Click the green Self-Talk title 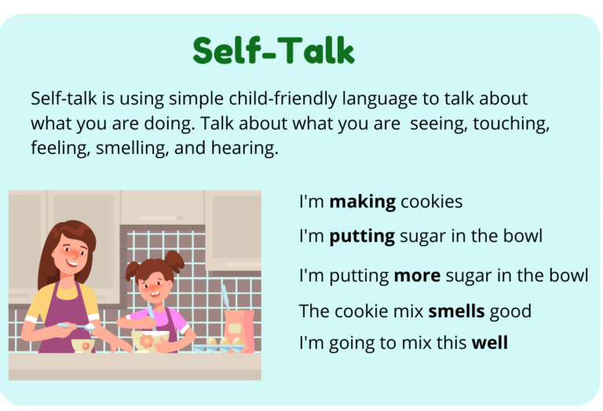[273, 51]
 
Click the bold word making [362, 202]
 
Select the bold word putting [362, 237]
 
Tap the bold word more [417, 276]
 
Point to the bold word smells [456, 311]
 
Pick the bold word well [489, 343]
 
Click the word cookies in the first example [431, 202]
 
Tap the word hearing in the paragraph [250, 148]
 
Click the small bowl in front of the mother [82, 344]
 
